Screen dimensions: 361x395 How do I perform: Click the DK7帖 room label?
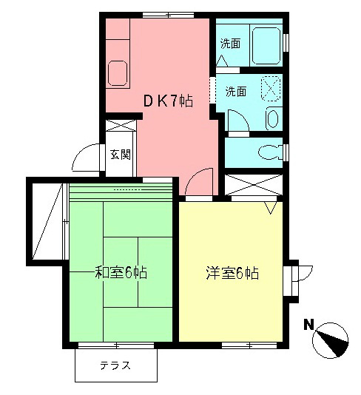(x=168, y=101)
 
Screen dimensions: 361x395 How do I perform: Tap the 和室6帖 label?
(x=121, y=272)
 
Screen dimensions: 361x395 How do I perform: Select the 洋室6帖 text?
(x=232, y=273)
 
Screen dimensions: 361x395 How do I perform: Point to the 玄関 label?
(x=121, y=155)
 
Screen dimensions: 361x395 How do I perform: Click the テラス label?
(x=115, y=365)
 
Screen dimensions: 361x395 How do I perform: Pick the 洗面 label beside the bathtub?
(x=230, y=44)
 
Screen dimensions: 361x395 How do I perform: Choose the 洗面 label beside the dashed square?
(x=236, y=92)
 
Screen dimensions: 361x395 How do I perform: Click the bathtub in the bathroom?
(x=266, y=45)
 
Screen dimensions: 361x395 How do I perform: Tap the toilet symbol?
(x=271, y=152)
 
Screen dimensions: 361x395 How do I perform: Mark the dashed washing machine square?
(x=271, y=90)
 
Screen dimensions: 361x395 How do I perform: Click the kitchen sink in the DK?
(x=117, y=73)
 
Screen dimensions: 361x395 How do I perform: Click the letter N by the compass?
(x=308, y=325)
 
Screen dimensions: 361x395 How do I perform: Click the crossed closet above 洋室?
(x=254, y=185)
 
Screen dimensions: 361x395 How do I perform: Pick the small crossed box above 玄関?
(x=121, y=125)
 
